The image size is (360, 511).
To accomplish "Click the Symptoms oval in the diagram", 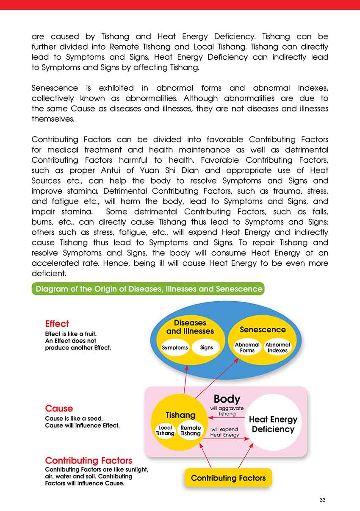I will [175, 347].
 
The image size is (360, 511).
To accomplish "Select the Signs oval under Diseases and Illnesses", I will [207, 347].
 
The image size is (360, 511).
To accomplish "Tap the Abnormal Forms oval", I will [247, 347].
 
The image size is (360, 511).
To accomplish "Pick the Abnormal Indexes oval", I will [278, 347].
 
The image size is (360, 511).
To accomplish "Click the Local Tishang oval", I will [165, 430].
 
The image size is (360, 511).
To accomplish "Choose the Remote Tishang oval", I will [191, 430].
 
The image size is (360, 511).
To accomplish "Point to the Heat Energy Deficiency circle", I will [273, 424].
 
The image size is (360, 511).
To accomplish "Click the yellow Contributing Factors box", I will [228, 478].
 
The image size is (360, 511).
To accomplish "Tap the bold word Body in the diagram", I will [227, 399].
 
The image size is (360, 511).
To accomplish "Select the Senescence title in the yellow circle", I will [263, 330].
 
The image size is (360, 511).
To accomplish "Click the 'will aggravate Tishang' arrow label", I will [227, 411].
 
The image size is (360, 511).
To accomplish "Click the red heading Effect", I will [57, 324].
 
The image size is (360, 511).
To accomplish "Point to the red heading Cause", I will [59, 408].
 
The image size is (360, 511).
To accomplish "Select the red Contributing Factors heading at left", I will [89, 461].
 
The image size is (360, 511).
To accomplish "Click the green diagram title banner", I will [148, 289].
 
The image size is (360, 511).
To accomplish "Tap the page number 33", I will [323, 500].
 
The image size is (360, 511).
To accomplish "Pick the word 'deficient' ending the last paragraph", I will [47, 274].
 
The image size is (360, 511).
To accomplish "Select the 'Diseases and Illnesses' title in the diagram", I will [190, 327].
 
